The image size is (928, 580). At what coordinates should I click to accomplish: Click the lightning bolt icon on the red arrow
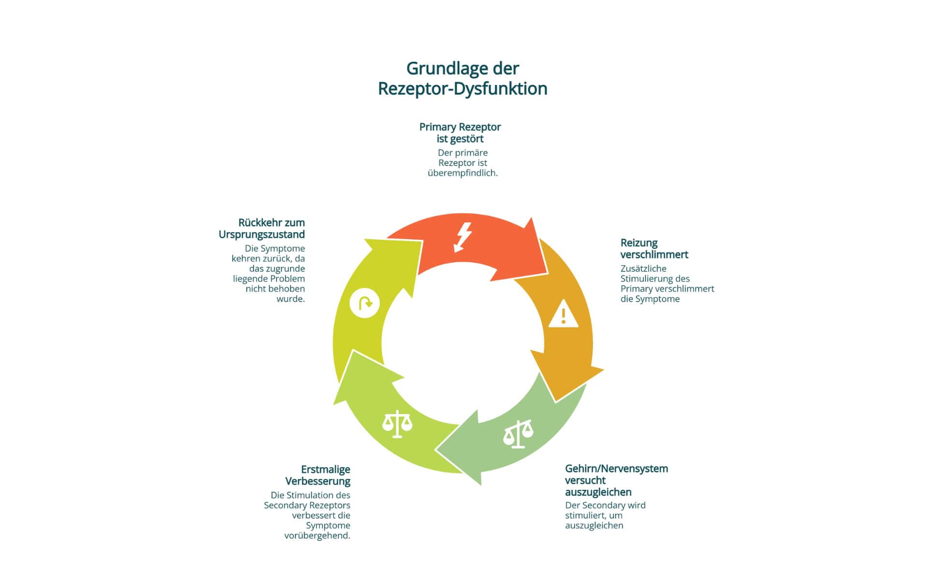pos(463,237)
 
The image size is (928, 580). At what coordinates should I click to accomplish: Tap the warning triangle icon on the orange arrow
pos(563,315)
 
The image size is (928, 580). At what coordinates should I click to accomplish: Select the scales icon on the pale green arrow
pos(518,434)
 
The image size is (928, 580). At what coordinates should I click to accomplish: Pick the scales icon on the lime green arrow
pos(397,424)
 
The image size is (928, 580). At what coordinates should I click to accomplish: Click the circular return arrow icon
pos(364,303)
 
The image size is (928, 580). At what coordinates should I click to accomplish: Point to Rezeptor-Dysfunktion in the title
pos(463,89)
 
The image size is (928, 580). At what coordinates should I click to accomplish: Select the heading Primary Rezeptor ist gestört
pos(460,133)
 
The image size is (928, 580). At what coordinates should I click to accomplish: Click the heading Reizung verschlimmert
pos(654,248)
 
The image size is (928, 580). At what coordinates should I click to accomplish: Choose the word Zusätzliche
pos(643,268)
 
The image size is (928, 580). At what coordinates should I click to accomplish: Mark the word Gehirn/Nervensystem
pos(616,468)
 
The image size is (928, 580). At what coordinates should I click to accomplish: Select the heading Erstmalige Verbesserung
pos(318,475)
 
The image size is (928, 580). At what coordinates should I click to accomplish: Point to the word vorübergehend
pos(317,536)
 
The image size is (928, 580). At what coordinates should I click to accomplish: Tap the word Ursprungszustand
pos(261,234)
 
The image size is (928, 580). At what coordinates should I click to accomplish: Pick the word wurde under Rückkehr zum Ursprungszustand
pos(290,299)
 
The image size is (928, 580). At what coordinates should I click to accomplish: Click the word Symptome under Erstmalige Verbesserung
pos(328,525)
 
